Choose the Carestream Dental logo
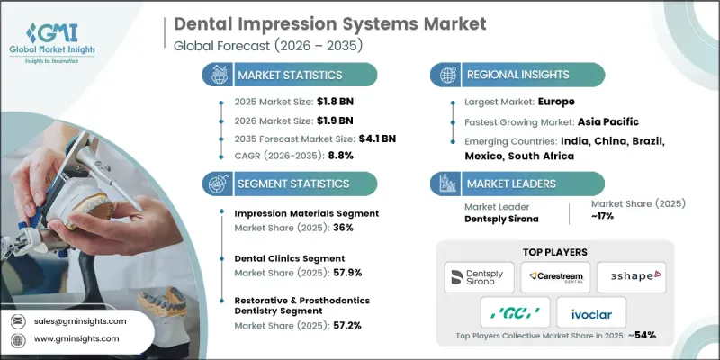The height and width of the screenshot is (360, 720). (551, 275)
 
